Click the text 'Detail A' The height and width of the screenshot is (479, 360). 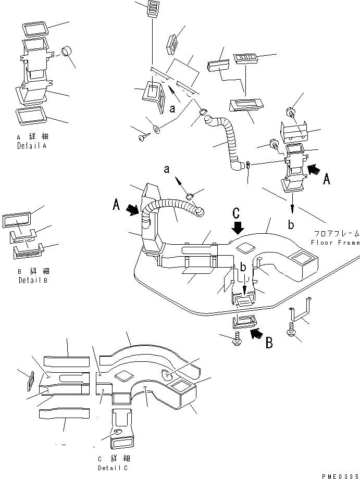(31, 147)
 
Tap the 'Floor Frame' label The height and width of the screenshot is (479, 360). (334, 243)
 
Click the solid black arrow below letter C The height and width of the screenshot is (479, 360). (238, 227)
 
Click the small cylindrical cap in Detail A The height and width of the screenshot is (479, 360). (67, 51)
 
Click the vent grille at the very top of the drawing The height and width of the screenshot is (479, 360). (153, 9)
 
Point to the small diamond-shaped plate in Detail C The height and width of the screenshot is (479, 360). (30, 380)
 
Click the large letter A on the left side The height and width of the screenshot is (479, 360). (117, 205)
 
